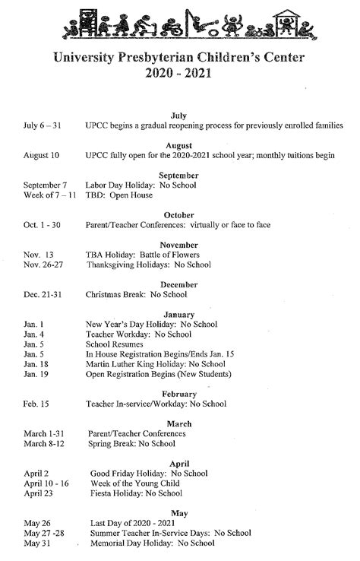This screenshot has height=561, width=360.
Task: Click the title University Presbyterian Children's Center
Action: [179, 58]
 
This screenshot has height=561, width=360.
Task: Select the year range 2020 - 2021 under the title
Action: [180, 74]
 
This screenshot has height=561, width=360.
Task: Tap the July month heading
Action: [179, 115]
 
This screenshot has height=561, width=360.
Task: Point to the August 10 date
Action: [41, 156]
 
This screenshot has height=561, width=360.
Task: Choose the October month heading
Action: [179, 215]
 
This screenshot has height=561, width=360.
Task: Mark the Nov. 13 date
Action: [38, 255]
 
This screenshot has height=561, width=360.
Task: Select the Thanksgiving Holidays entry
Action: [148, 265]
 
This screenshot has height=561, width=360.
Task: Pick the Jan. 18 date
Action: [36, 364]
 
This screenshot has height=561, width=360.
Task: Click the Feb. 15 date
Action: [36, 404]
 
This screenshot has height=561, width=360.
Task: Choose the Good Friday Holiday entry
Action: [149, 473]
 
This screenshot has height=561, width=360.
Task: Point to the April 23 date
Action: [39, 493]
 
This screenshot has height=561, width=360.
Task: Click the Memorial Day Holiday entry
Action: [152, 544]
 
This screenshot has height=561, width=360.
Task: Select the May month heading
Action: [179, 513]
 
